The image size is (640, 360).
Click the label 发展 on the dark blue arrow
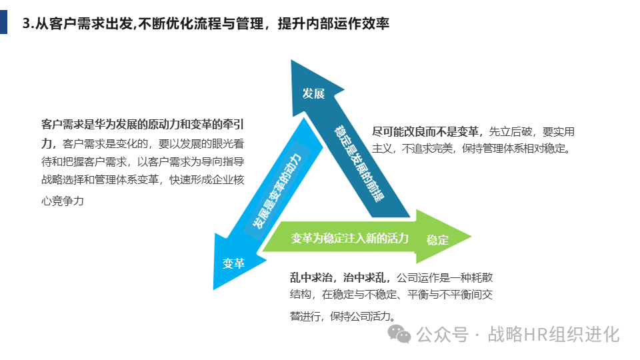pos(313,93)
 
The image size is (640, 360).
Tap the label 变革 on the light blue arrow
pos(233,263)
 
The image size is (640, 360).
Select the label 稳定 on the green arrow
pos(438,240)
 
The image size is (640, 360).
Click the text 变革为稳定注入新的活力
pos(349,238)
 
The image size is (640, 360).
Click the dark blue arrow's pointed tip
pos(293,62)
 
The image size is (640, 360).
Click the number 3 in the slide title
pos(26,23)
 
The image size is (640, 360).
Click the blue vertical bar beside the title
pos(4,22)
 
